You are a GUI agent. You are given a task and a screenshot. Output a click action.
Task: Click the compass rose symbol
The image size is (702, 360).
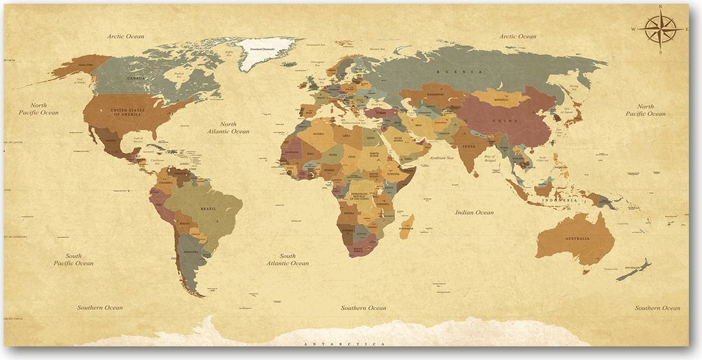click(x=661, y=29)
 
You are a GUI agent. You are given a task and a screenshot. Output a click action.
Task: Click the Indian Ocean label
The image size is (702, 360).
click(x=474, y=213)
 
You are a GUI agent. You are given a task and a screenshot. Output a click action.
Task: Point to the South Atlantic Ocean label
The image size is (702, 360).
click(x=288, y=259)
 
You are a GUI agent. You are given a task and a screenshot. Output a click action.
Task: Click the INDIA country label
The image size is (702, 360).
click(x=469, y=146)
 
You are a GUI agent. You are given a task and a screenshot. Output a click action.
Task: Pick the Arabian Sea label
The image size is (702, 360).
click(x=442, y=158)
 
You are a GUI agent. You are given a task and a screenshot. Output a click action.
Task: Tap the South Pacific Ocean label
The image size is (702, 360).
click(x=73, y=259)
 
